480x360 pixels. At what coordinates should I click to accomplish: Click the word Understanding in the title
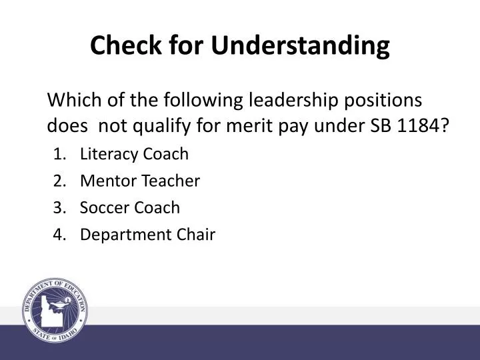tap(301, 45)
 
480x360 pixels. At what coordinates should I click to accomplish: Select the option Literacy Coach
tap(134, 154)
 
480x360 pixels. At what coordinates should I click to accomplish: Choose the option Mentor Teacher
tap(139, 181)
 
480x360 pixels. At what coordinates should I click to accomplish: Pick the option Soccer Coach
tap(129, 207)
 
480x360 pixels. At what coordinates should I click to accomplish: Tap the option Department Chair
tap(147, 234)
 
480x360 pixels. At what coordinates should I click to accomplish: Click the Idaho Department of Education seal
tap(56, 311)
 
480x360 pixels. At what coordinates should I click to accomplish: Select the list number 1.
tap(58, 154)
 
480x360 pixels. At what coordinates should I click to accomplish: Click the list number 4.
tap(58, 234)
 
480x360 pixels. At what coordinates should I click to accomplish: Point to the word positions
tap(387, 101)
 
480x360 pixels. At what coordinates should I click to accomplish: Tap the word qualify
tap(163, 125)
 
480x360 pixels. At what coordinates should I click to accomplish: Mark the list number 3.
tap(58, 207)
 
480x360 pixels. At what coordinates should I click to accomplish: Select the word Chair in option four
tap(199, 234)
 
